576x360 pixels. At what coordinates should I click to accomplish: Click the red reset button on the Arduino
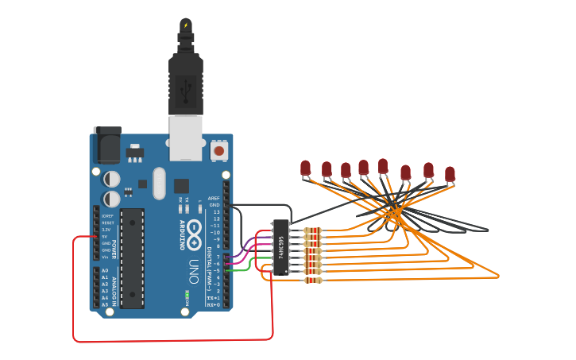(x=218, y=149)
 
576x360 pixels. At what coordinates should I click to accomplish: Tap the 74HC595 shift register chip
(x=280, y=247)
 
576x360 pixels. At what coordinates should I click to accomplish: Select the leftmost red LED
(x=305, y=168)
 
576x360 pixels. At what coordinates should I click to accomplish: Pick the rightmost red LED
(x=450, y=173)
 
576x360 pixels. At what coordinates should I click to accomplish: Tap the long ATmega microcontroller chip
(x=132, y=257)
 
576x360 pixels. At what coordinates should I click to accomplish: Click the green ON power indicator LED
(x=187, y=296)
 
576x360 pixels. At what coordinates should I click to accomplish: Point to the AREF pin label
(x=213, y=198)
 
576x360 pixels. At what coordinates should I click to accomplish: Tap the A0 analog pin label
(x=104, y=271)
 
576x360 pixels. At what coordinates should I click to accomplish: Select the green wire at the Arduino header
(x=238, y=270)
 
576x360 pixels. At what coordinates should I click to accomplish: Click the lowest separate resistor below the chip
(x=314, y=280)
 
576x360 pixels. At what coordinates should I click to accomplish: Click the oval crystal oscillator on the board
(x=159, y=183)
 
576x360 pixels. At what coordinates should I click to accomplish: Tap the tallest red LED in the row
(x=383, y=165)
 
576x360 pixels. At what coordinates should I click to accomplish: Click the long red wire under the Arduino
(x=159, y=340)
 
